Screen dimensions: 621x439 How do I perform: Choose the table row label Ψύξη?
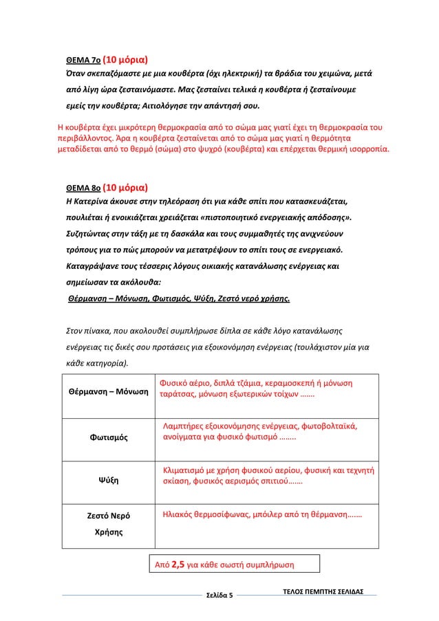(109, 479)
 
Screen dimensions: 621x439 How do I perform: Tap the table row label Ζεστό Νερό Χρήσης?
(109, 523)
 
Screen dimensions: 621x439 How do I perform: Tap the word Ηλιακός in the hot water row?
(178, 513)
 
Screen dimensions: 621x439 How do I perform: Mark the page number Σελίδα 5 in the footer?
(220, 594)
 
